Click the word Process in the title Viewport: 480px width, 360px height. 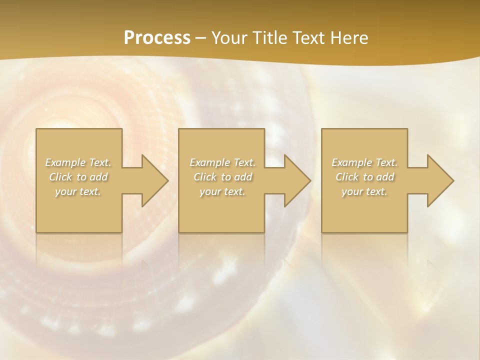157,38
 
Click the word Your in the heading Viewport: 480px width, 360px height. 228,38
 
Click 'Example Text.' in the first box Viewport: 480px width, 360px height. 78,162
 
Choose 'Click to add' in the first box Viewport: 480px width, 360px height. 78,177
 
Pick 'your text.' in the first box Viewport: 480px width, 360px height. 78,191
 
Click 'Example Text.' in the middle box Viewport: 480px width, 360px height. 222,162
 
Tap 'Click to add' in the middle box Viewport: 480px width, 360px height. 222,177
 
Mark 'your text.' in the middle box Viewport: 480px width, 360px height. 222,191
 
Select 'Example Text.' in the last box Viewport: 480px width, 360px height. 364,162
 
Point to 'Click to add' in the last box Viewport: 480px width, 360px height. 364,177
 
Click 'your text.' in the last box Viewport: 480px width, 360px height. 364,191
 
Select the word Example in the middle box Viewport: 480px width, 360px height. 210,162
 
